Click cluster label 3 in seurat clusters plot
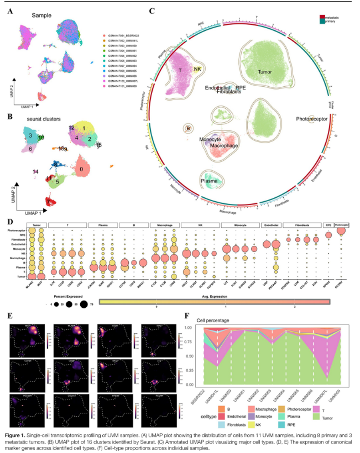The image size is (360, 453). [30, 136]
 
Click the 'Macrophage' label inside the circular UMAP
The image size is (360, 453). [223, 146]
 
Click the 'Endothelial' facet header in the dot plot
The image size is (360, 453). [272, 225]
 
